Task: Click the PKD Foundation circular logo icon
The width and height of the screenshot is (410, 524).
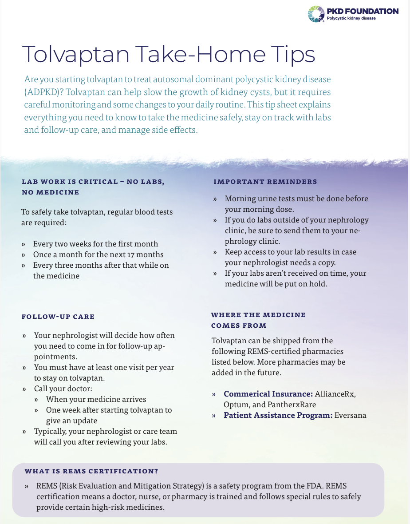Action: click(x=316, y=13)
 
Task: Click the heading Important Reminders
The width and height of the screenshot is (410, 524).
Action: click(x=265, y=182)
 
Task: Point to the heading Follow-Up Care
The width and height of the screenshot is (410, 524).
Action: click(x=58, y=317)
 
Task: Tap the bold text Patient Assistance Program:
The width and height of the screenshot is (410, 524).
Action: click(x=278, y=415)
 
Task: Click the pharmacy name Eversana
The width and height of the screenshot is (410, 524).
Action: click(x=351, y=415)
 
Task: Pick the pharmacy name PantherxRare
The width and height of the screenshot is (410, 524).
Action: click(x=292, y=405)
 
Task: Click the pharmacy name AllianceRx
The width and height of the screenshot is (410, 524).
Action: click(x=335, y=394)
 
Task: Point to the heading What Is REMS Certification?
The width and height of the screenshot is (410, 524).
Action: click(x=91, y=471)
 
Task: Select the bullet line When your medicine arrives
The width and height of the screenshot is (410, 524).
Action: click(x=96, y=399)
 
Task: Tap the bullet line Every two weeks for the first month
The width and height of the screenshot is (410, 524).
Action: click(x=95, y=244)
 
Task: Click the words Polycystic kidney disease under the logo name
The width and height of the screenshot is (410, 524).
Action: click(x=351, y=19)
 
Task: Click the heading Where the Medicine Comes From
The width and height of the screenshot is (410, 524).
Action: click(x=258, y=320)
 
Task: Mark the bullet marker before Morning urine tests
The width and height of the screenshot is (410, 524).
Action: click(x=215, y=199)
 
